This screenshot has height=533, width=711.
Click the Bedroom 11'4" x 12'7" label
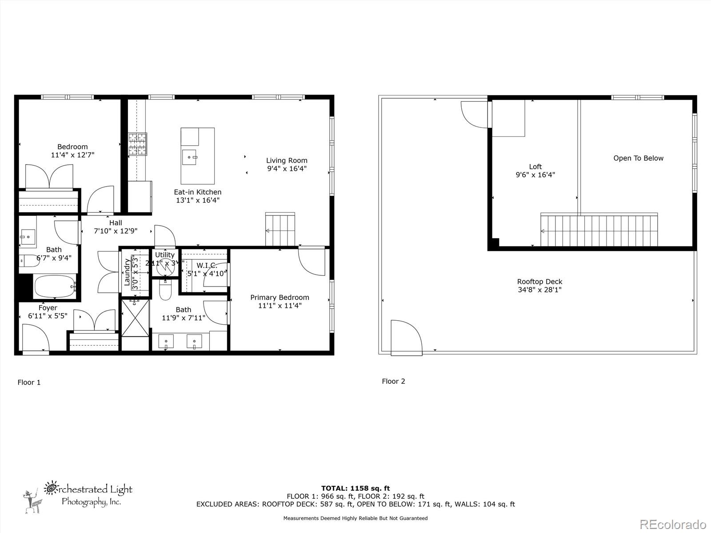pos(72,151)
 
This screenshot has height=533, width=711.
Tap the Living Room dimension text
pos(287,169)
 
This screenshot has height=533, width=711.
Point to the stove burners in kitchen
pos(137,144)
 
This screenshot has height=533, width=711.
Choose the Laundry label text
pos(127,272)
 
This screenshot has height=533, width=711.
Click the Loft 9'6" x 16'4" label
pos(535,171)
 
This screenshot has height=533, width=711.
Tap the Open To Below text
pos(638,158)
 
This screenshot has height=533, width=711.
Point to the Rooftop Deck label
pos(539,286)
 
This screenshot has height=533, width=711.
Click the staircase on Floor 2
pos(599,230)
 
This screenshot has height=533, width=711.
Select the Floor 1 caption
pos(29,382)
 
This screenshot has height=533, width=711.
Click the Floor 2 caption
pos(393,381)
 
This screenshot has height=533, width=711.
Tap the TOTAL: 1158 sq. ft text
pos(355,488)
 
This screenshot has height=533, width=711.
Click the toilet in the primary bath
pos(165,290)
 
